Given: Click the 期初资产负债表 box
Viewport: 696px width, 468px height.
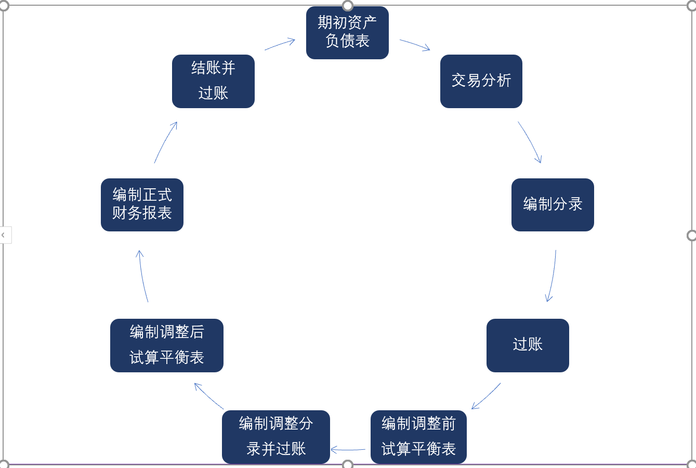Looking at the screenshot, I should coord(347,32).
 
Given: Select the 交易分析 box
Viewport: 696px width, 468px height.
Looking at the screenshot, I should coord(481,81).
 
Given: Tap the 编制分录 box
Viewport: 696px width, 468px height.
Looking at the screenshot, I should coord(553,204).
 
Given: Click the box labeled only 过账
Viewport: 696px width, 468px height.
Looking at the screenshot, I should coord(528,345).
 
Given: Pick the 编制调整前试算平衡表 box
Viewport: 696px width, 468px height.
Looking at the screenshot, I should coord(418,437).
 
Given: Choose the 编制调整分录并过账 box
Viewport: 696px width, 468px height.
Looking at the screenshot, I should coord(275,437).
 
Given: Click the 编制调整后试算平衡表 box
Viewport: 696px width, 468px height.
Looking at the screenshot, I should coord(166,345).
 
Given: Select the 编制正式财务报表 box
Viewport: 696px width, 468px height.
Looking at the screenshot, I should coord(142,204).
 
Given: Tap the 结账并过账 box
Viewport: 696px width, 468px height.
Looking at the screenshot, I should coord(213,81).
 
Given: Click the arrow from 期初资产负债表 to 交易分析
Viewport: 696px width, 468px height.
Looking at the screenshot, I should coord(415,44).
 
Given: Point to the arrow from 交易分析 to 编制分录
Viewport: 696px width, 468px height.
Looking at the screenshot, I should coord(531,142).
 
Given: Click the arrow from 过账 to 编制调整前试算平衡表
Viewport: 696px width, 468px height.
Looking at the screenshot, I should coord(487,396).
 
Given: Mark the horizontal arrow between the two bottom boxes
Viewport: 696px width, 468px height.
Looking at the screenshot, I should coord(348,450).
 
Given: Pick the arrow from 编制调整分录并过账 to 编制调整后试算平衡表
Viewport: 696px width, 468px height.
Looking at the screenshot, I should coord(208,396).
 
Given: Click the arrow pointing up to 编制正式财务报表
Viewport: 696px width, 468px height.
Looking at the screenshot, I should coord(142,276).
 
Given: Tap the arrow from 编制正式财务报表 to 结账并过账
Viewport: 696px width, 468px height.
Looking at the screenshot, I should coord(165,142).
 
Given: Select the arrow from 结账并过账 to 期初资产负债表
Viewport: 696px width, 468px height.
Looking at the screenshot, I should coord(280,44).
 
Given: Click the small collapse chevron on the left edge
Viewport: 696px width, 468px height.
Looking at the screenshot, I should coord(3,235).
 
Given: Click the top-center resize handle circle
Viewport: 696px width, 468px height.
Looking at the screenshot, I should coord(348,6).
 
